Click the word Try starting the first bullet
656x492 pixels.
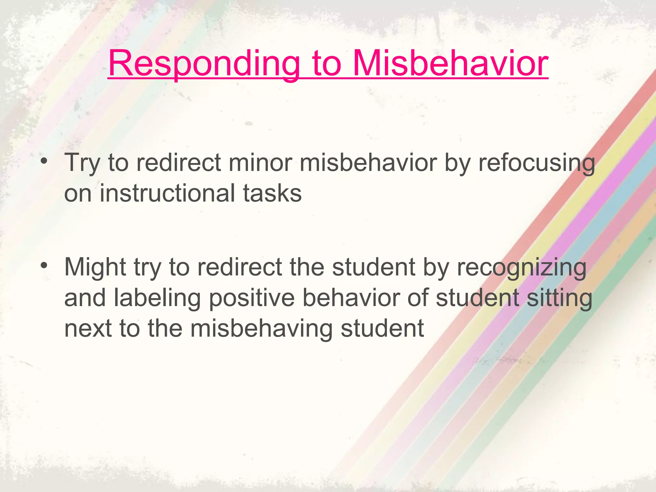pos(82,163)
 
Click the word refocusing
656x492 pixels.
pos(537,163)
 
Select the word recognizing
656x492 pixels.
pos(521,267)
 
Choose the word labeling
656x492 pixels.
pos(157,298)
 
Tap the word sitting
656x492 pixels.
pos(559,298)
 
